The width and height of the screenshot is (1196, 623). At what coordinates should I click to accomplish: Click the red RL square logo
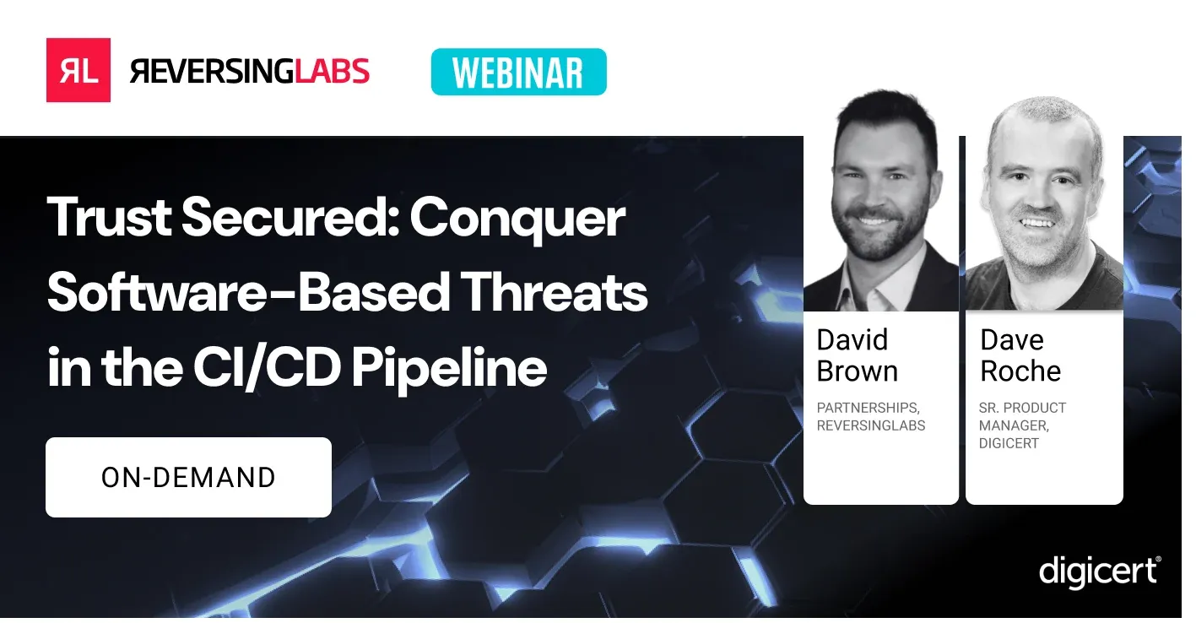(78, 70)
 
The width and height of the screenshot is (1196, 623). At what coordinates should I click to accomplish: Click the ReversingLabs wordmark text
(250, 71)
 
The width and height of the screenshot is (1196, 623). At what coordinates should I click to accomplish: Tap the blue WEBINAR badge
(518, 72)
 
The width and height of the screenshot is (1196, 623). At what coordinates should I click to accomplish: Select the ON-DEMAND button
(188, 477)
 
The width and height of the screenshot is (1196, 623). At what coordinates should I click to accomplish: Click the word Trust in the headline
(106, 219)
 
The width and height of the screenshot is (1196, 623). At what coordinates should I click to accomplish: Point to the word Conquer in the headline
(517, 219)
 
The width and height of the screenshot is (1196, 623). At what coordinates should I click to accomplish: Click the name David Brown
(858, 355)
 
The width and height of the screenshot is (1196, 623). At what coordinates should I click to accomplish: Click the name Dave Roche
(1020, 355)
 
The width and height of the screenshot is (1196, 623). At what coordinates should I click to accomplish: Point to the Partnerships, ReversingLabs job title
(870, 417)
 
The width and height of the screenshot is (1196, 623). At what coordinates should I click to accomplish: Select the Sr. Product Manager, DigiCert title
(1022, 425)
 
